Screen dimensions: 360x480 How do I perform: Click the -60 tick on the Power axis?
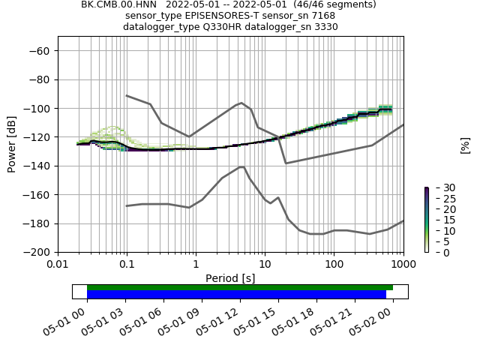[x=39, y=51]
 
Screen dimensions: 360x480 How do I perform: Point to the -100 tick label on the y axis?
[x=39, y=109]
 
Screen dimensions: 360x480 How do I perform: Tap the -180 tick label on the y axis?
[x=39, y=223]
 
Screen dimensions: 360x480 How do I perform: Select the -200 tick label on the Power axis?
[x=39, y=253]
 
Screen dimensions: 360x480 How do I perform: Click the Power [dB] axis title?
[x=12, y=144]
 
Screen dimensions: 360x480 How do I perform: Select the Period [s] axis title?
[x=230, y=278]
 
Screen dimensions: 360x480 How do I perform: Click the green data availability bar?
[x=240, y=287]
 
